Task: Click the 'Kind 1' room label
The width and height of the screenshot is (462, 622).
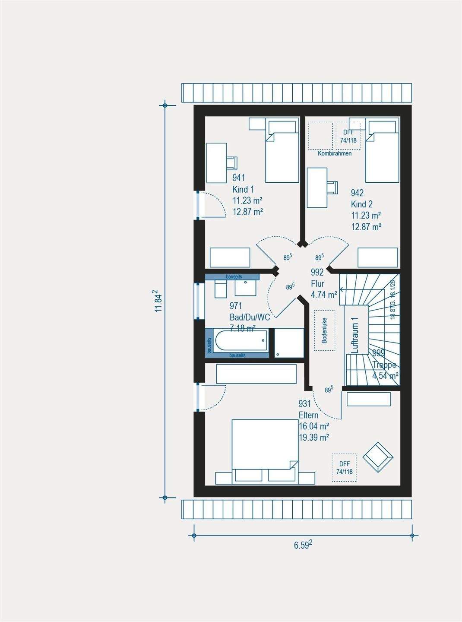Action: pyautogui.click(x=243, y=189)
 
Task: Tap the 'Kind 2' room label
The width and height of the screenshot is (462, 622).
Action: pyautogui.click(x=362, y=204)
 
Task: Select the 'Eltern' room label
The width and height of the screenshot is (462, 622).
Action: pyautogui.click(x=308, y=415)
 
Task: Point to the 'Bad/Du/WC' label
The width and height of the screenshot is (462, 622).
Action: pyautogui.click(x=250, y=317)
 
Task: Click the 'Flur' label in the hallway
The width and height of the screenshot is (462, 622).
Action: pyautogui.click(x=317, y=284)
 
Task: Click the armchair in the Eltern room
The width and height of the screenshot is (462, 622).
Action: pyautogui.click(x=378, y=457)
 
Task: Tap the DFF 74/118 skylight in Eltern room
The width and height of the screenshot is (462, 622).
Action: pyautogui.click(x=344, y=467)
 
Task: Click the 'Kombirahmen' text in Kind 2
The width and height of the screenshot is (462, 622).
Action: pyautogui.click(x=335, y=153)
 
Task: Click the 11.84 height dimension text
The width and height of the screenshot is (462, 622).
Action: pyautogui.click(x=158, y=301)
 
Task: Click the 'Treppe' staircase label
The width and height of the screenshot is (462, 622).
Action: pyautogui.click(x=384, y=365)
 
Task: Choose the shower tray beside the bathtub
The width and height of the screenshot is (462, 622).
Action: pyautogui.click(x=289, y=343)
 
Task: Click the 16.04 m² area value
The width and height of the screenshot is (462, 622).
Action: pyautogui.click(x=314, y=426)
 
